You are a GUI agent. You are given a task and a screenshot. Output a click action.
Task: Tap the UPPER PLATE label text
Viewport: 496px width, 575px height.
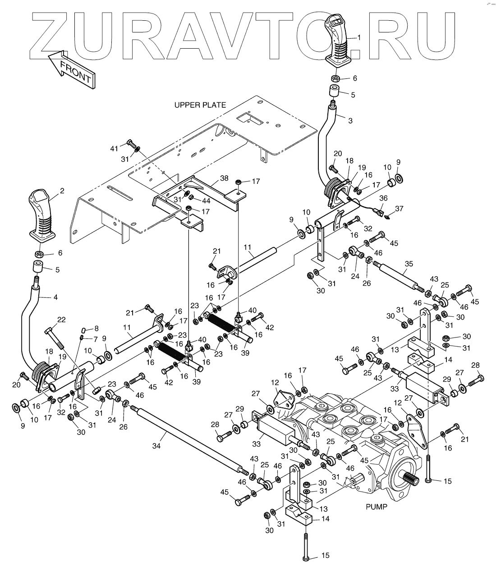coord(200,105)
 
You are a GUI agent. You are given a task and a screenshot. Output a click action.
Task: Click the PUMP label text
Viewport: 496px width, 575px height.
coord(376,507)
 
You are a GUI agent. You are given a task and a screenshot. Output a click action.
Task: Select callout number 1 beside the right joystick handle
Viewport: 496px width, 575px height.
coord(359,38)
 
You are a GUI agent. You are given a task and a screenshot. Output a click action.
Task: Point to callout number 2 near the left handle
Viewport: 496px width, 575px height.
coord(62,191)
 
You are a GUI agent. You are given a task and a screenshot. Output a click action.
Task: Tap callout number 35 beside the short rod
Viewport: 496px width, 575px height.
coord(409,264)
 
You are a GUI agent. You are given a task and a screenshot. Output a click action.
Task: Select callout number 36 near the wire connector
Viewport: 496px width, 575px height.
coord(383,197)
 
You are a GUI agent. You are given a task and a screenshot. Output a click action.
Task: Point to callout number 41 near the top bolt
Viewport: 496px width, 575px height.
coord(115,148)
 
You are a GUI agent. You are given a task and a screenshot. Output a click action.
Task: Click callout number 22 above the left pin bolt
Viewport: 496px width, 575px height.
coord(60,319)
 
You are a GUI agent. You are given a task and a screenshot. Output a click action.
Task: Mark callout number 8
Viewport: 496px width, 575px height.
coord(95,329)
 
